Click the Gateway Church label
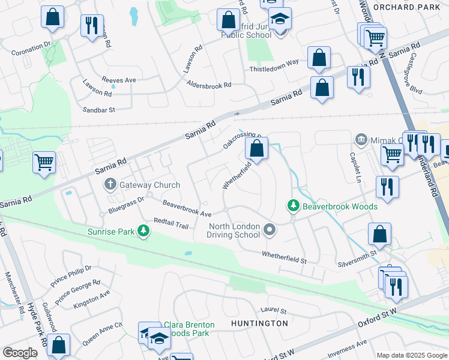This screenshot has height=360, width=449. [x=149, y=185]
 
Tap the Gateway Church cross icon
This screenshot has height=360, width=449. [x=110, y=185]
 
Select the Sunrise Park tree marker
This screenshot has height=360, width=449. [x=143, y=231]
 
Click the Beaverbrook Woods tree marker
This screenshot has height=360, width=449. [x=294, y=206]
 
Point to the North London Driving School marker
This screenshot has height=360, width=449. [x=270, y=229]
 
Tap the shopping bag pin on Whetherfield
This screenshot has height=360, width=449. [x=256, y=149]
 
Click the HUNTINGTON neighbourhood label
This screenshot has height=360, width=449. [x=259, y=323]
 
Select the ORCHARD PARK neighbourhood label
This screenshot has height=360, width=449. [x=406, y=7]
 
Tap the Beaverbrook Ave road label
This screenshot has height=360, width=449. [x=187, y=209]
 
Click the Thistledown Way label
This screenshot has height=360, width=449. [x=274, y=65]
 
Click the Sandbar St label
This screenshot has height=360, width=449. [x=98, y=110]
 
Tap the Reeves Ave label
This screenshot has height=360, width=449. [x=119, y=80]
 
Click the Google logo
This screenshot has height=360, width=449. [x=20, y=352]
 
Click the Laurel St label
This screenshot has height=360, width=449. [x=274, y=310]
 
